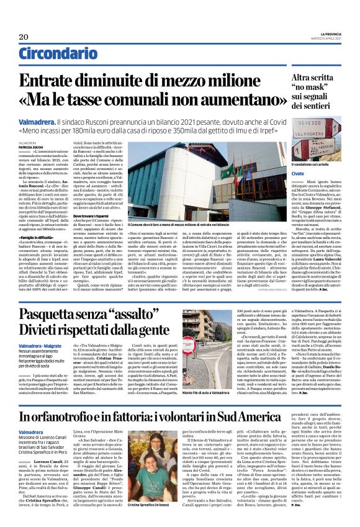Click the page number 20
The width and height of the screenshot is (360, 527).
[x=24, y=36]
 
